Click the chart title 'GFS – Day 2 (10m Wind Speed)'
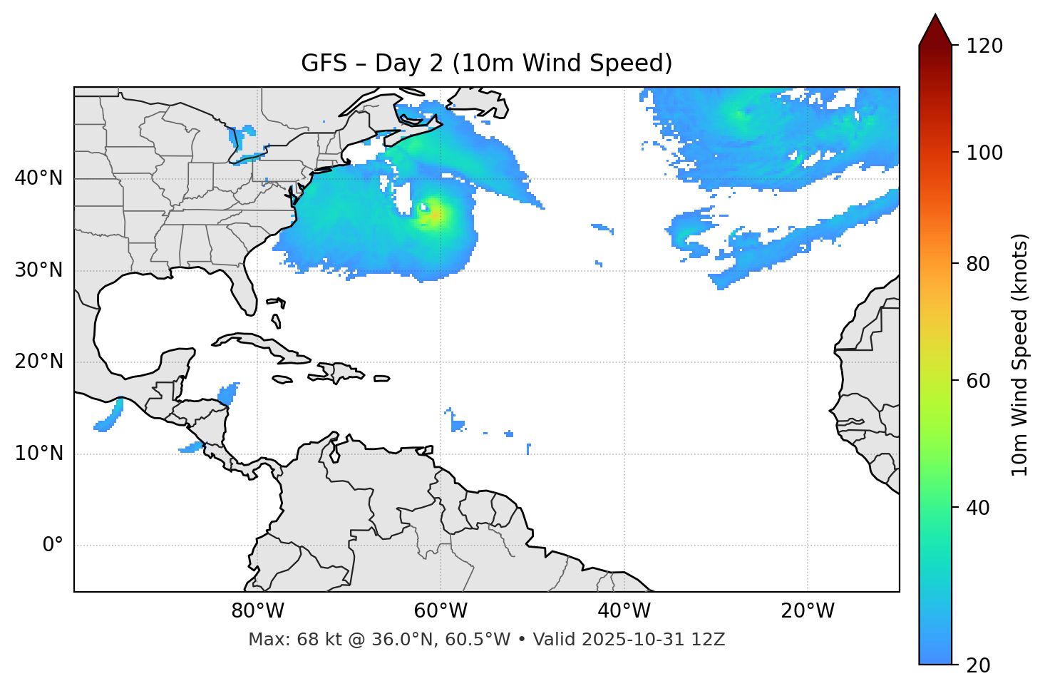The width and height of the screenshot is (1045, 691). tap(486, 63)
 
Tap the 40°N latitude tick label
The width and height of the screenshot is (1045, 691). tap(38, 178)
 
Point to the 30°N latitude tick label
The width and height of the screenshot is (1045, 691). tap(38, 270)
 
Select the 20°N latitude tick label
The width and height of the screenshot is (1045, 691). tap(38, 362)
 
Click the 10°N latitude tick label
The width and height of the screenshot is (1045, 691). tap(38, 454)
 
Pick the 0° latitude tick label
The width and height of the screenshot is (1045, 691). tap(53, 546)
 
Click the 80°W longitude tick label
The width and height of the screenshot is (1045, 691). tap(257, 611)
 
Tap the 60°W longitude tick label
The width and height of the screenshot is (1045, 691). tap(441, 611)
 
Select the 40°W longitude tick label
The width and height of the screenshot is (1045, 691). tap(624, 611)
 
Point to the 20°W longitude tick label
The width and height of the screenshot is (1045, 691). tap(807, 611)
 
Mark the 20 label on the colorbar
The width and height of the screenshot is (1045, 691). tap(978, 665)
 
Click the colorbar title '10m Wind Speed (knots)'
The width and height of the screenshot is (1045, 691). tap(1020, 354)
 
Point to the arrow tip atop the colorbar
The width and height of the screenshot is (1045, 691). tap(935, 16)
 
